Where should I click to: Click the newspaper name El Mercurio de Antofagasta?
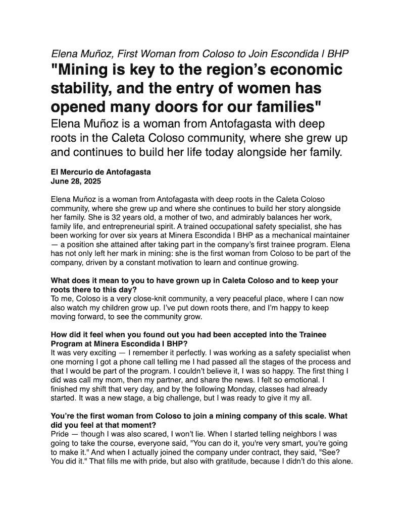tap(101, 172)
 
